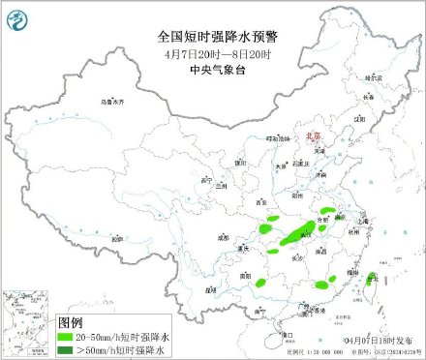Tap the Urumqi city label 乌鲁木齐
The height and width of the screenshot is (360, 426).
point(114,101)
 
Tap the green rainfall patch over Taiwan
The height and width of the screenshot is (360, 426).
point(370,282)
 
